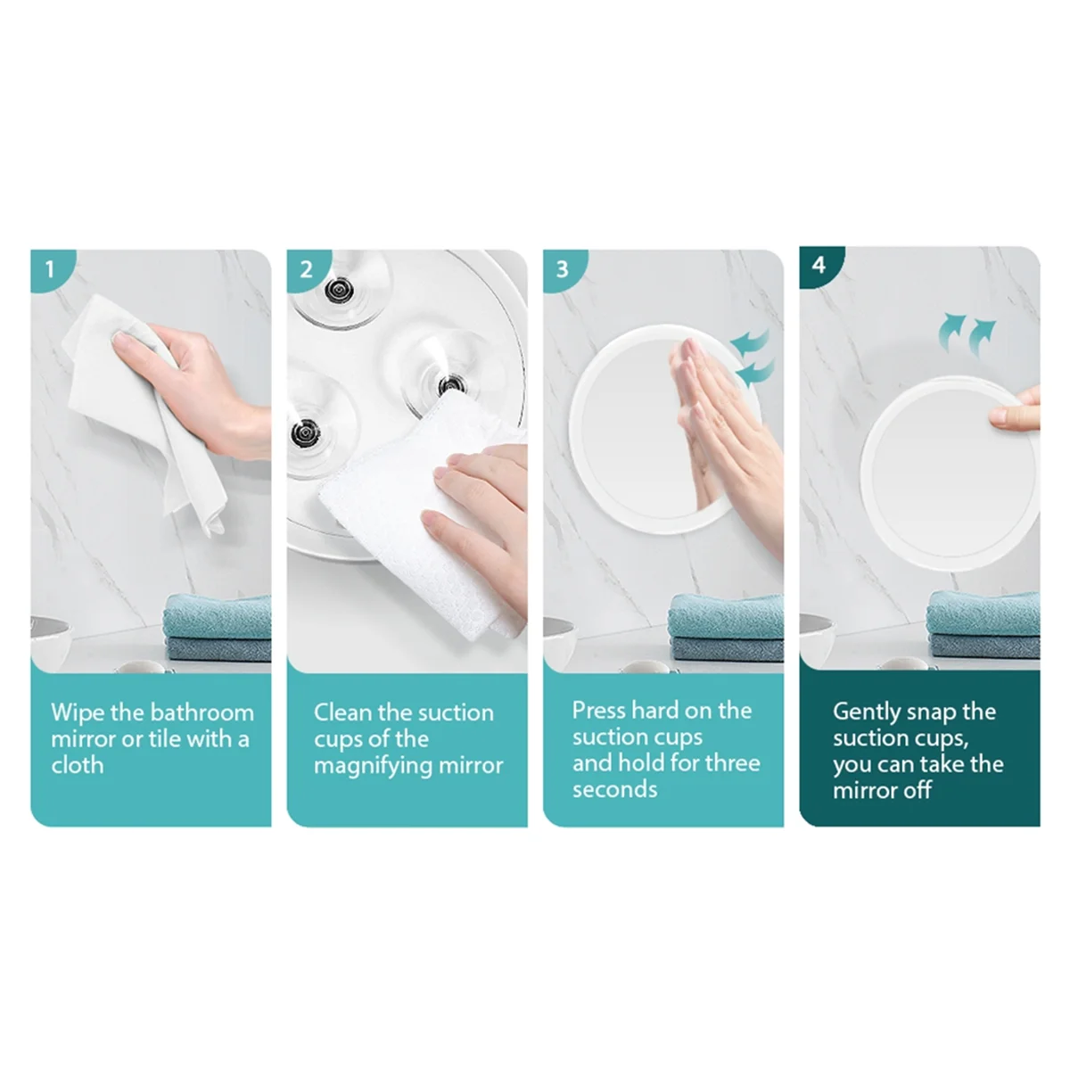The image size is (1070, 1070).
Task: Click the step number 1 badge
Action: [x=50, y=267]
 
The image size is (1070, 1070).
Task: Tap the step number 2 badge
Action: [x=306, y=267]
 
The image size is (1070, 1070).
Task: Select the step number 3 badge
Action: [x=562, y=267]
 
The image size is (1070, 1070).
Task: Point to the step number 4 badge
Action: [x=819, y=265]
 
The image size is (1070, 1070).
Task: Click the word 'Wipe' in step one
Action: [x=78, y=712]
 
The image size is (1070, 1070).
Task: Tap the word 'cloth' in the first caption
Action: [x=78, y=765]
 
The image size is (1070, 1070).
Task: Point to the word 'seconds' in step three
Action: [x=614, y=789]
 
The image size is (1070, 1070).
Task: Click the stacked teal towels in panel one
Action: [x=218, y=630]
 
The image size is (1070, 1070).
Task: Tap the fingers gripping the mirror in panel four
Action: [x=1017, y=411]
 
